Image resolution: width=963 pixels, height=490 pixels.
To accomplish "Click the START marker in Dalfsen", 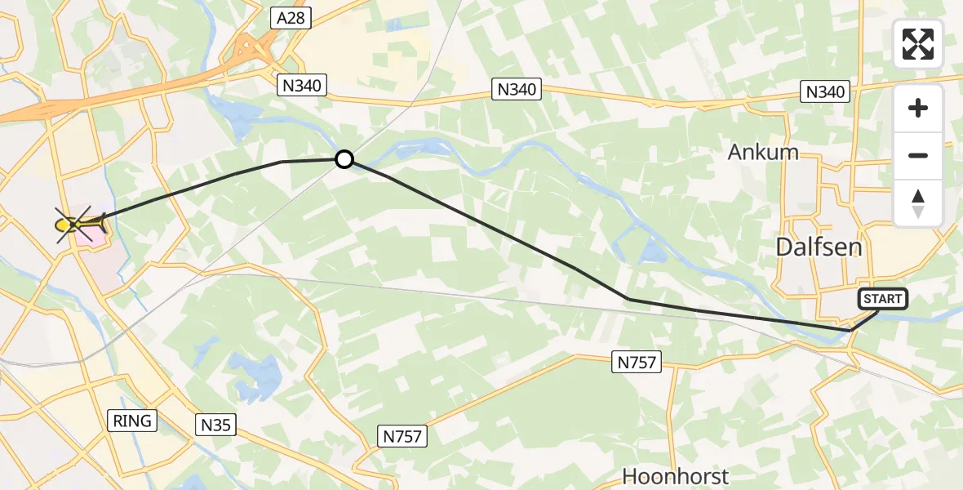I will click(882, 299).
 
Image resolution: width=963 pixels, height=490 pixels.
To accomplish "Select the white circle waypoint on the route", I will click(344, 159).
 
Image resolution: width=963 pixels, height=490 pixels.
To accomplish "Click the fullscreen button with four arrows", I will click(918, 44).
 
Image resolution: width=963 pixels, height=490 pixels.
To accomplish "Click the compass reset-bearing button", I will click(918, 203).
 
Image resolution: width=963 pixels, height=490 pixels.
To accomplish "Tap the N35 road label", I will click(216, 424).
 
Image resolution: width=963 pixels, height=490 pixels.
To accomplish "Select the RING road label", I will click(132, 421).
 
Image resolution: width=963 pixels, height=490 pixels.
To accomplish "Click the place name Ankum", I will click(763, 152).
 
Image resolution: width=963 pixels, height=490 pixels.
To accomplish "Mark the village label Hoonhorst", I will click(676, 476).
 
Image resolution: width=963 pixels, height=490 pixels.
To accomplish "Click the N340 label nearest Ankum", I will click(825, 91).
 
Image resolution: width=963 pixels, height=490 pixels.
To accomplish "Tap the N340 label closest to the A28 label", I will click(302, 84).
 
